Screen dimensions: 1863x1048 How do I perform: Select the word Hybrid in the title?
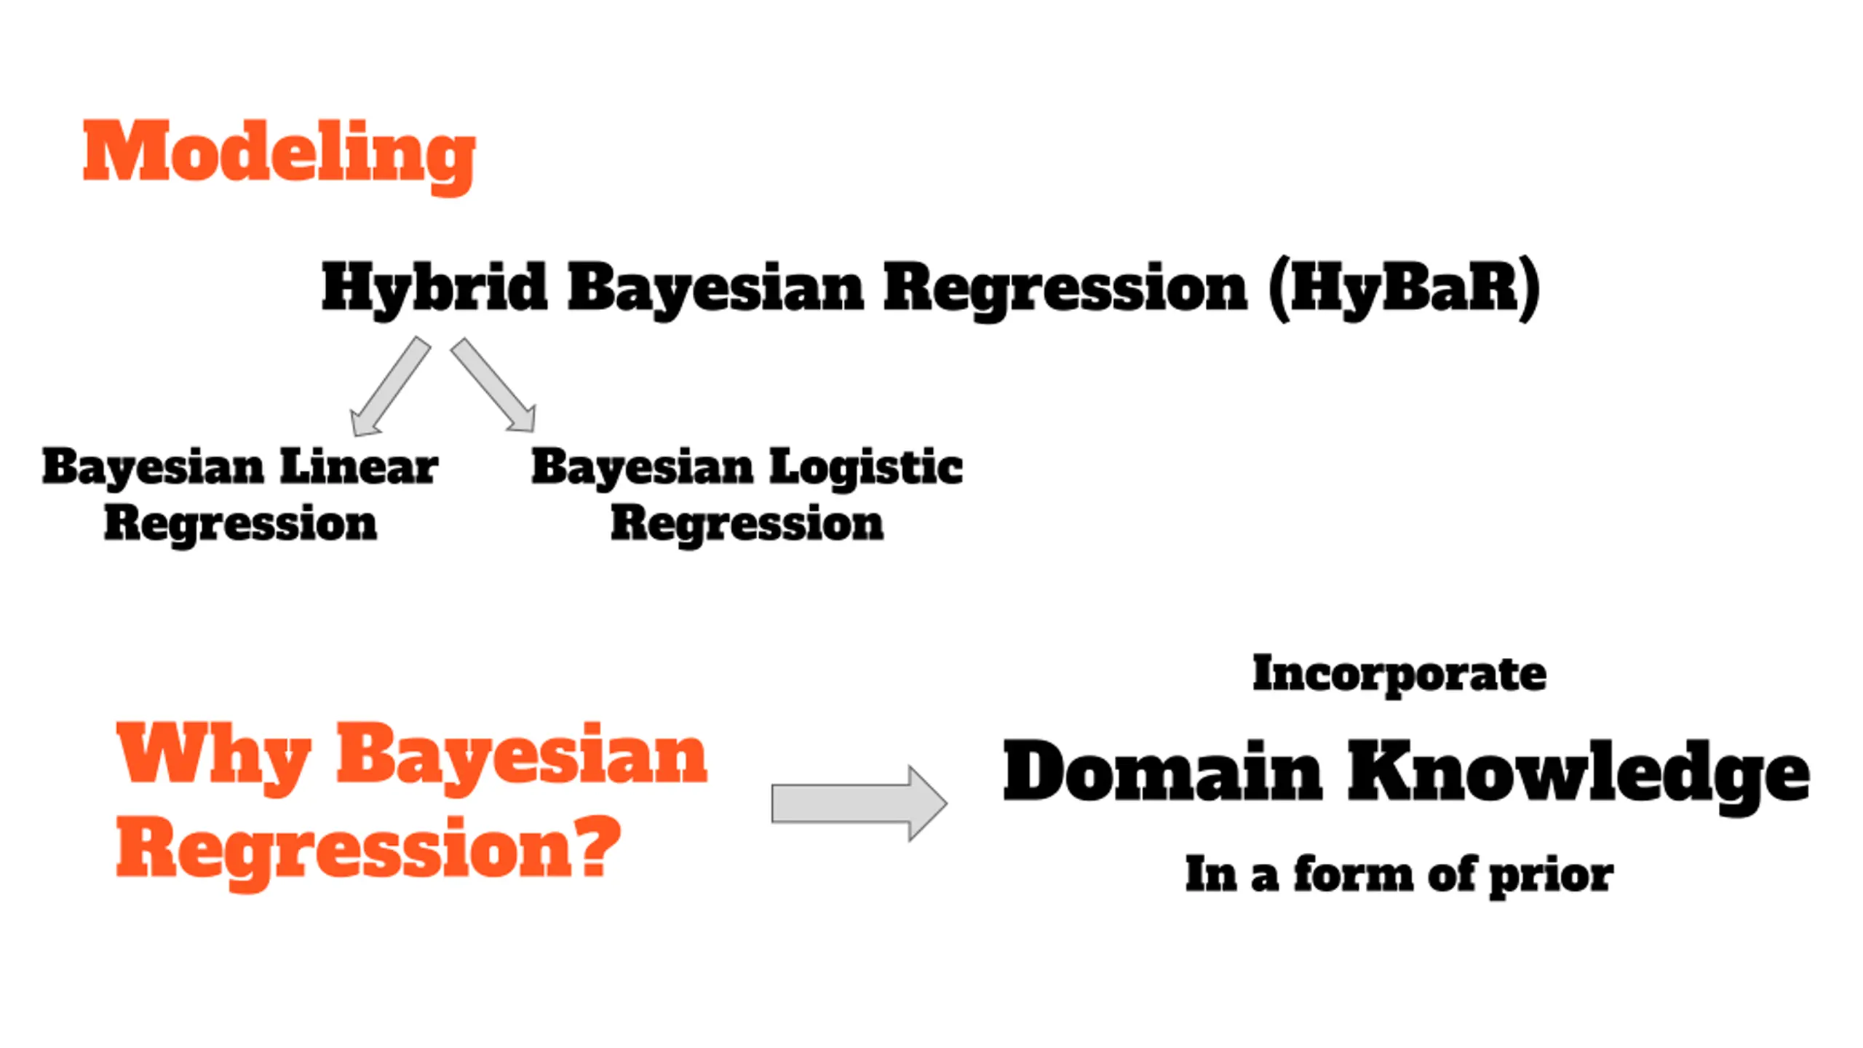(x=434, y=289)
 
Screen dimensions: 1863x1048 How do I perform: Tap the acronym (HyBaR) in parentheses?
(x=1404, y=289)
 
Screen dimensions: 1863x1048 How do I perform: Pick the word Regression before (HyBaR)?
(x=1065, y=289)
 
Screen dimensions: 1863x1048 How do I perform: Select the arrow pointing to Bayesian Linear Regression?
(x=389, y=387)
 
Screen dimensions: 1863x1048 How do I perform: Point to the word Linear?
(x=359, y=467)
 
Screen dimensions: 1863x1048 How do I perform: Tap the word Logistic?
(x=866, y=467)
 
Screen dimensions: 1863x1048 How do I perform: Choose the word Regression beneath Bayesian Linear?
(x=240, y=524)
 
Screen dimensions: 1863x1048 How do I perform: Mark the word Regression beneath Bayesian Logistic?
(x=747, y=524)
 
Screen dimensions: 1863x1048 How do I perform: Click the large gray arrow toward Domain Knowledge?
(x=859, y=803)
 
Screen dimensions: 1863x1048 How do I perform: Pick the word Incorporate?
(x=1399, y=674)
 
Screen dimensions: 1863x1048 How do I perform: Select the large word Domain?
(x=1161, y=771)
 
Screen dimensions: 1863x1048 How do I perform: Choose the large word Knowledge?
(x=1578, y=774)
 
